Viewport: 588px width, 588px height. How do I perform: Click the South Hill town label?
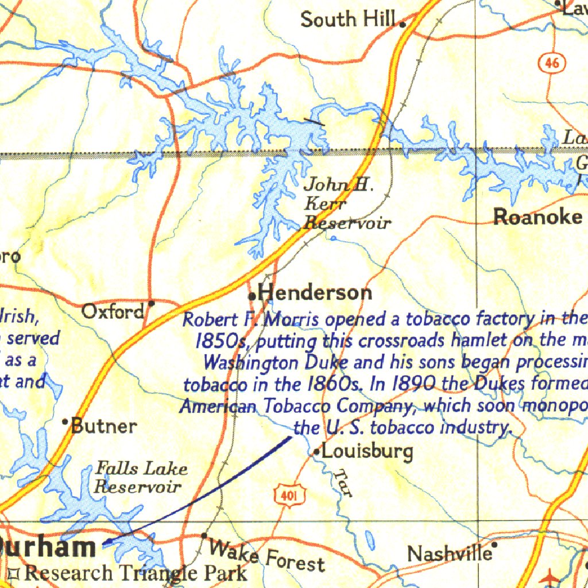[x=349, y=20]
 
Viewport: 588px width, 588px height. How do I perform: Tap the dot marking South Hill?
[x=403, y=24]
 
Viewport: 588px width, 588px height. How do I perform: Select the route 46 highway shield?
[x=552, y=63]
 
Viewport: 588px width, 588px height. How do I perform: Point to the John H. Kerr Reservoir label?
[x=346, y=204]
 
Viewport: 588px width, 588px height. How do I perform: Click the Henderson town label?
[x=315, y=293]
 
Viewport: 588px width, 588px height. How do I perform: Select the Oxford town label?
[x=113, y=312]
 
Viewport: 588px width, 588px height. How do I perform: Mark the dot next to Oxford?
[x=151, y=303]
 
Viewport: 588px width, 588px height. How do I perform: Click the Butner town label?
[x=104, y=426]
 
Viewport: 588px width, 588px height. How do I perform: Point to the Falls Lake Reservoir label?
[x=140, y=478]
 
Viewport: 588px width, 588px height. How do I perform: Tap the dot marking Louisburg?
[x=316, y=453]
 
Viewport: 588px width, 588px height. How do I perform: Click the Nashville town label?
[x=449, y=554]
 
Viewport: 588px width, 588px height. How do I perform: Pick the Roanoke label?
[x=538, y=217]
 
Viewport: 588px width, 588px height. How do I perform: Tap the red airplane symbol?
[x=551, y=576]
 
